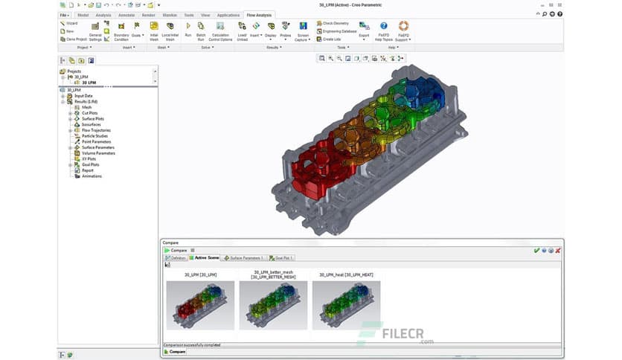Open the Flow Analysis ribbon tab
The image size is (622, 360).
pos(259,15)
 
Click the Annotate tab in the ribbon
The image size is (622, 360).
pos(126,15)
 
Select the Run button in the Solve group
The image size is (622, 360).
pos(187,29)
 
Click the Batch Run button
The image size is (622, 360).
pos(201,29)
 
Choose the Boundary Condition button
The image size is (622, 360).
pos(121,30)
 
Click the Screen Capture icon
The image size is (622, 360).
pos(303,30)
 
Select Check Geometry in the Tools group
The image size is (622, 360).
pos(335,24)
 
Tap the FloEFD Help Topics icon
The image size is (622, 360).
pos(384,30)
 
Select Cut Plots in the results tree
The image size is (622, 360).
pos(90,113)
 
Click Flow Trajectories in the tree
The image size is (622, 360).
pos(96,130)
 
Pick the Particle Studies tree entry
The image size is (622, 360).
pos(94,136)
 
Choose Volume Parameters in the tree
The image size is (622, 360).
pos(98,153)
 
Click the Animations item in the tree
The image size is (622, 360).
pos(92,176)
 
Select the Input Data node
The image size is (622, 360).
pos(83,96)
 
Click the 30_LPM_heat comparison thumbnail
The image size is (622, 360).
pos(346,305)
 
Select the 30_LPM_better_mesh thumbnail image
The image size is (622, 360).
pos(273,305)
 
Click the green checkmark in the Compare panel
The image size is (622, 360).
pos(536,250)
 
